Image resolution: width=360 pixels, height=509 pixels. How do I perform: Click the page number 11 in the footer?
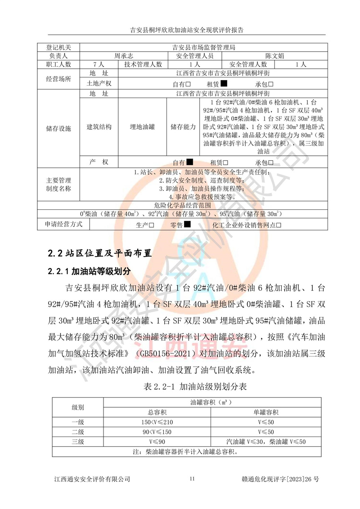(192, 479)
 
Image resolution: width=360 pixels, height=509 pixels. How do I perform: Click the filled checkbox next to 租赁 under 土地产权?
(224, 83)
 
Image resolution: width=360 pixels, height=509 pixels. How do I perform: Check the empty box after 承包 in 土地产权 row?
(271, 84)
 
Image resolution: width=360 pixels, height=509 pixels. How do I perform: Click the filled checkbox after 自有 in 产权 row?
(190, 162)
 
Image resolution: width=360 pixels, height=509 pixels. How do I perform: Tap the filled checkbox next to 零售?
(187, 224)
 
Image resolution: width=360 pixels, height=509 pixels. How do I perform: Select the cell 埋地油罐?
(142, 127)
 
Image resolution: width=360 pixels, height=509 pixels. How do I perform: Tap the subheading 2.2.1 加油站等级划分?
(89, 271)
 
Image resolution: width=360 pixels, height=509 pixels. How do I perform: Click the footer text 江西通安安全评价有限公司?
(92, 479)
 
